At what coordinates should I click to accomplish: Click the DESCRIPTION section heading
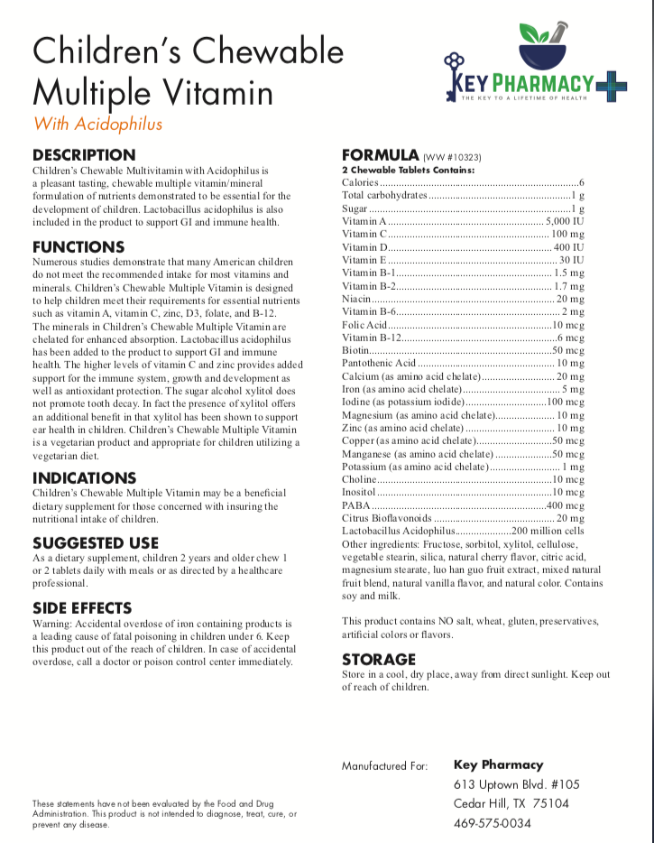84,154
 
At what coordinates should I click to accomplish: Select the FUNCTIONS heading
78,246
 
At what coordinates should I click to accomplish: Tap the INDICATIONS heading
85,477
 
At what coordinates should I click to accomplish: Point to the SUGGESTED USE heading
96,543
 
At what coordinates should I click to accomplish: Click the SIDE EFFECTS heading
82,608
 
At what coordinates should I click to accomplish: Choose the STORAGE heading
379,659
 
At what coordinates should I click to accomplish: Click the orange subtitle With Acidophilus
98,124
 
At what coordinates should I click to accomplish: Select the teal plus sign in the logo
610,86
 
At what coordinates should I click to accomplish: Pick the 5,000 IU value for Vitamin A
566,221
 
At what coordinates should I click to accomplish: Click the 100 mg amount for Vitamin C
568,234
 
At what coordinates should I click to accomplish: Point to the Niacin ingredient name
356,298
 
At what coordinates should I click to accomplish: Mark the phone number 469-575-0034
492,823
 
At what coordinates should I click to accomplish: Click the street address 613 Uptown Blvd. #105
517,783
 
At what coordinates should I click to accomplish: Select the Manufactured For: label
384,765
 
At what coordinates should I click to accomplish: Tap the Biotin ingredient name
355,349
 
